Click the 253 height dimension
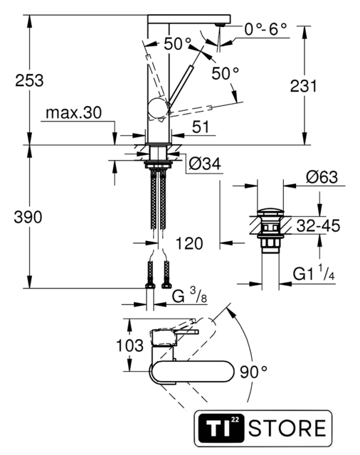[29, 80]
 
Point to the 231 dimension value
[304, 86]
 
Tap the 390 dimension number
[28, 217]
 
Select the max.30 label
[74, 112]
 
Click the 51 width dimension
[201, 127]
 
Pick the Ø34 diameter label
[205, 164]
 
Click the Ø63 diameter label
[322, 177]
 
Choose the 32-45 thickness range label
[318, 226]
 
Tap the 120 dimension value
[189, 243]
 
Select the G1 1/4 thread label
[314, 273]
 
